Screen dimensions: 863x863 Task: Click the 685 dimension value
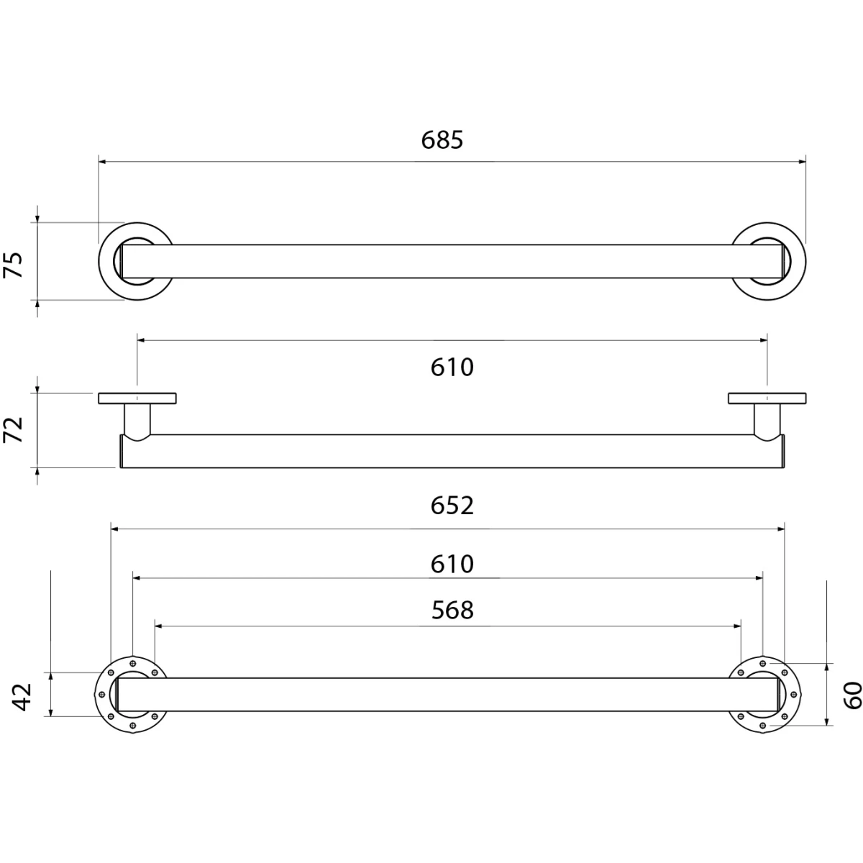click(x=442, y=140)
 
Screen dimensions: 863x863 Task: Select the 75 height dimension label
click(x=14, y=265)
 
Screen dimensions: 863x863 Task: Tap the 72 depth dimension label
click(x=14, y=429)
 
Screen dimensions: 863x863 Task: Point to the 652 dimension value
click(x=452, y=506)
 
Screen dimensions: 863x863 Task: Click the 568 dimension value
click(x=452, y=610)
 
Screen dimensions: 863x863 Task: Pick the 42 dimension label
click(x=22, y=698)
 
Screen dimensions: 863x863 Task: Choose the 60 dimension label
click(x=852, y=695)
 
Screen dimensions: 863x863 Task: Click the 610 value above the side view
click(x=452, y=367)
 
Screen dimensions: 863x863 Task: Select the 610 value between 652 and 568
click(x=452, y=564)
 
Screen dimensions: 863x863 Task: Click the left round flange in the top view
click(x=104, y=261)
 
